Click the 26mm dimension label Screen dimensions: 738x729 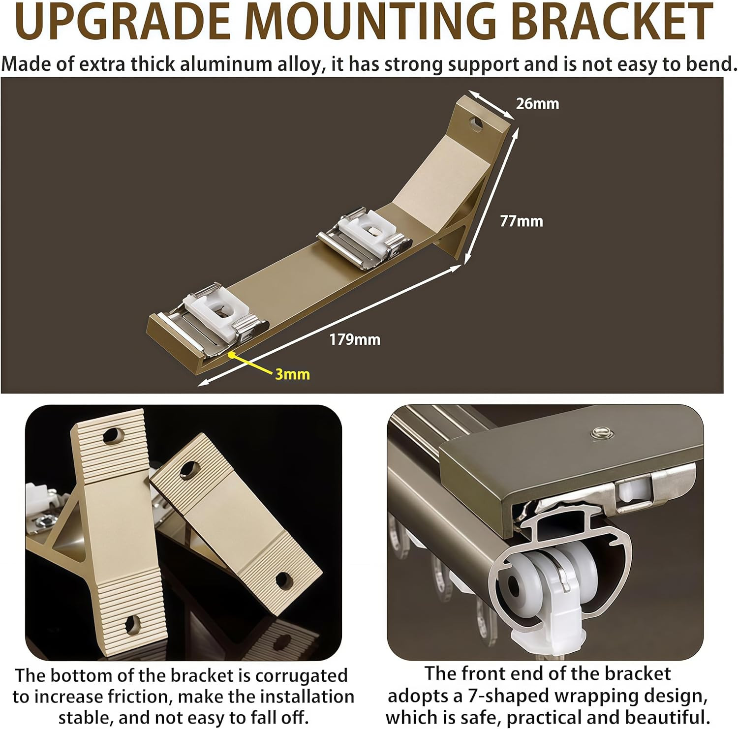(x=537, y=104)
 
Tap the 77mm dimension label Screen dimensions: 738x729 (x=522, y=221)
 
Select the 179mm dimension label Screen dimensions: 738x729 (x=355, y=339)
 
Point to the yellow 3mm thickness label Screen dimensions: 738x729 (x=292, y=374)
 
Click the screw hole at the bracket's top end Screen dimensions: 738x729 (x=476, y=123)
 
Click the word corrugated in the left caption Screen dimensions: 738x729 (x=301, y=676)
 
